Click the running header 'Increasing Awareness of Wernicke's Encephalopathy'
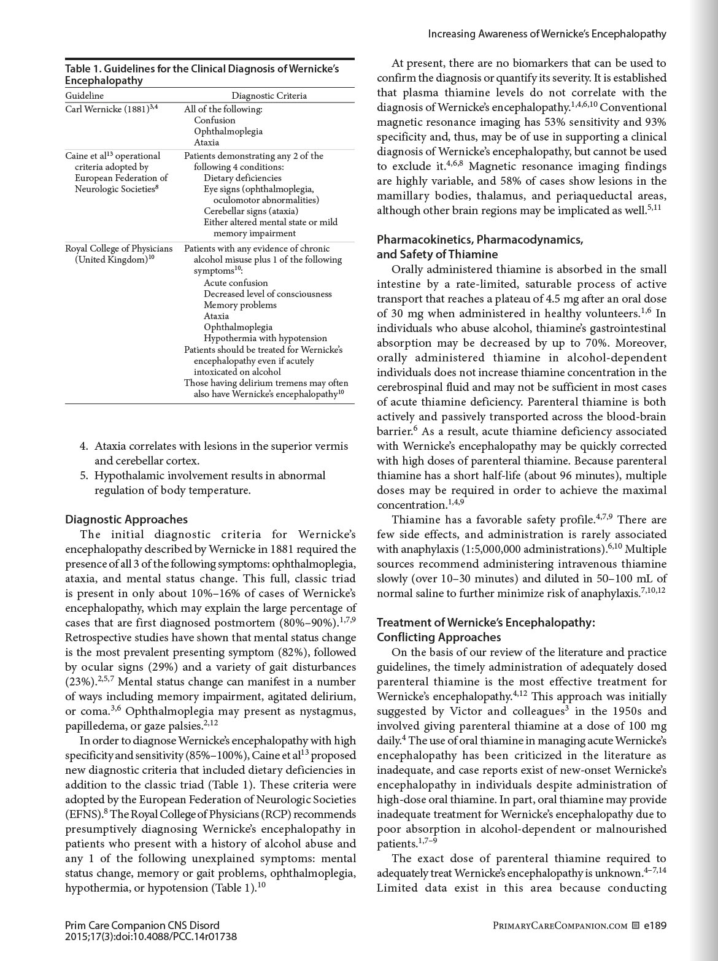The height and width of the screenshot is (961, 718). (x=547, y=34)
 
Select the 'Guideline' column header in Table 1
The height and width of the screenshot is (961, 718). (x=85, y=96)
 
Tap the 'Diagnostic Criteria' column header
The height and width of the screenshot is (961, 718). (x=269, y=96)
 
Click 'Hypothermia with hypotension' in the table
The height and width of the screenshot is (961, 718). (x=265, y=338)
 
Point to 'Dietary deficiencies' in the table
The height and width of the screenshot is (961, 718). (x=242, y=178)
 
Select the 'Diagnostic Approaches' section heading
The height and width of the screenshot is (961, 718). (x=126, y=520)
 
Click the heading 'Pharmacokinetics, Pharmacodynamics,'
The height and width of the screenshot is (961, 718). (x=480, y=239)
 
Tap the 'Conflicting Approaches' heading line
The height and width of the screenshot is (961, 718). (x=439, y=637)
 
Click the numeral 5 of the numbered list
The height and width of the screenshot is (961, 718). (x=83, y=476)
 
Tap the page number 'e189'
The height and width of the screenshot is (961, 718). (x=655, y=925)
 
